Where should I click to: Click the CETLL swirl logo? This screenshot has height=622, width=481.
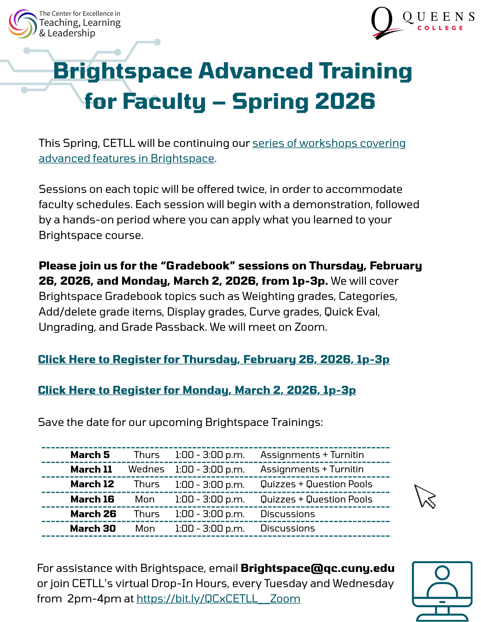(22, 24)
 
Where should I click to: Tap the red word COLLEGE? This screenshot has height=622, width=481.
(440, 28)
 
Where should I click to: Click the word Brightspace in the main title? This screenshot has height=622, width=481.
(123, 71)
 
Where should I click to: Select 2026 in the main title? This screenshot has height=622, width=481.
(345, 101)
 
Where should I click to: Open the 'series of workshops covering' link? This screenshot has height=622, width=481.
(329, 143)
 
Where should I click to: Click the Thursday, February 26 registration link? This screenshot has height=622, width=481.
(214, 359)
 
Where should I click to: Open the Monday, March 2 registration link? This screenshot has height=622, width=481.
(197, 390)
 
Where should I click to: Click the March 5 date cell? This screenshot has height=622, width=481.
(90, 455)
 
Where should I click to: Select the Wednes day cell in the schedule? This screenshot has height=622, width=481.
(146, 469)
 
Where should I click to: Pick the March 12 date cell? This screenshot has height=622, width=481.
(92, 484)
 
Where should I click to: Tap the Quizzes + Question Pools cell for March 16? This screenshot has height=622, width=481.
(316, 499)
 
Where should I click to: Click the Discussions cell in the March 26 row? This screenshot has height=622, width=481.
(288, 514)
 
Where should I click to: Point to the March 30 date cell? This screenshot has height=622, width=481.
(93, 529)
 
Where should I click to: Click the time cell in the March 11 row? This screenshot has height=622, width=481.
(210, 469)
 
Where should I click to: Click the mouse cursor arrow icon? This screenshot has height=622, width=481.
(424, 496)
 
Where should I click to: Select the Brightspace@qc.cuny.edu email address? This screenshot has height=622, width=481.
(318, 568)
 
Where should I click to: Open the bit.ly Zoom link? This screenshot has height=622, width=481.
(218, 599)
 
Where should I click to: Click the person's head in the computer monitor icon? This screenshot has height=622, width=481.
(442, 573)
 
